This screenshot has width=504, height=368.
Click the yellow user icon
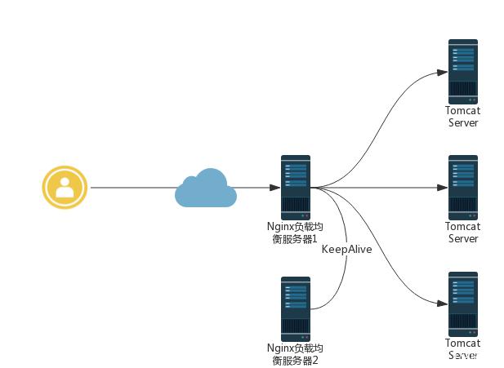pos(65,187)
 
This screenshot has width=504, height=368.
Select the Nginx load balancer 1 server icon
pos(295,187)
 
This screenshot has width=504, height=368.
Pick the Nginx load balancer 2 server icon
pos(295,308)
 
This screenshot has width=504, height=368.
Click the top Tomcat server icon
pos(462,71)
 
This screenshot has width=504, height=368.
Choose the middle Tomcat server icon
pos(462,187)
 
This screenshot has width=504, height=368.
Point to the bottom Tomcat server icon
pos(462,304)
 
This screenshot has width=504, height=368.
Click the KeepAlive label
pos(346,250)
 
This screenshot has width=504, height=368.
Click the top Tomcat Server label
pos(462,117)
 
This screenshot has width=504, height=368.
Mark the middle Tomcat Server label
pos(462,233)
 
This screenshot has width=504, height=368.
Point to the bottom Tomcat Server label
pos(462,349)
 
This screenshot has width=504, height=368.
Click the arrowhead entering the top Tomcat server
pos(442,72)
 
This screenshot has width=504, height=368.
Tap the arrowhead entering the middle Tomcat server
pos(442,188)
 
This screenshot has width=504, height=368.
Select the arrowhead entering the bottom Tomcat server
pos(442,304)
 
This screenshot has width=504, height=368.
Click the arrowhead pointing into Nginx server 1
pos(274,188)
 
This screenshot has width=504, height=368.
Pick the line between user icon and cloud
pos(131,188)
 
